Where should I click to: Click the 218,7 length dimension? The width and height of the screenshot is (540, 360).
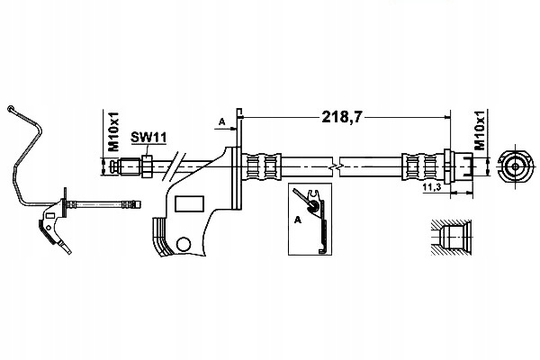[342, 117]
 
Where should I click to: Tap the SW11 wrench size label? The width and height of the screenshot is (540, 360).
[148, 138]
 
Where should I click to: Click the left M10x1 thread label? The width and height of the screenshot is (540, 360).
[113, 131]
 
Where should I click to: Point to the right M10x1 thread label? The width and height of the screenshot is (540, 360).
[480, 130]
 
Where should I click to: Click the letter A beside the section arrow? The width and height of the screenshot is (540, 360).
[222, 121]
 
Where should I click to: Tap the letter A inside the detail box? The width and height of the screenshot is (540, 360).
[298, 220]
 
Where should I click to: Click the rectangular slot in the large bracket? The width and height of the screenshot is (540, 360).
[189, 203]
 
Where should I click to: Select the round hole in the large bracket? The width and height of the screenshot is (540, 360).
[184, 244]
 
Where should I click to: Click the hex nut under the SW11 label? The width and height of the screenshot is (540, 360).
[147, 166]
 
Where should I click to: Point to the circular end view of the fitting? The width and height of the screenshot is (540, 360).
[515, 166]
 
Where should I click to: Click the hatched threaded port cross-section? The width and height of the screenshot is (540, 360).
[452, 238]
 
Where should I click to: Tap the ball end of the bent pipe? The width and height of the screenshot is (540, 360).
[10, 109]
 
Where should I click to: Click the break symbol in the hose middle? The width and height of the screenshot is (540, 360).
[336, 166]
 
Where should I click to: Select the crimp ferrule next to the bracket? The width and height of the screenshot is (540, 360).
[261, 166]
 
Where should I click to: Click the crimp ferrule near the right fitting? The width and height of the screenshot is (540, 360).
[423, 166]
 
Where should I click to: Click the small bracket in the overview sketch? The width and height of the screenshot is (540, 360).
[53, 221]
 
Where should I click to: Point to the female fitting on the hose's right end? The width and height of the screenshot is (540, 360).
[458, 166]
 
